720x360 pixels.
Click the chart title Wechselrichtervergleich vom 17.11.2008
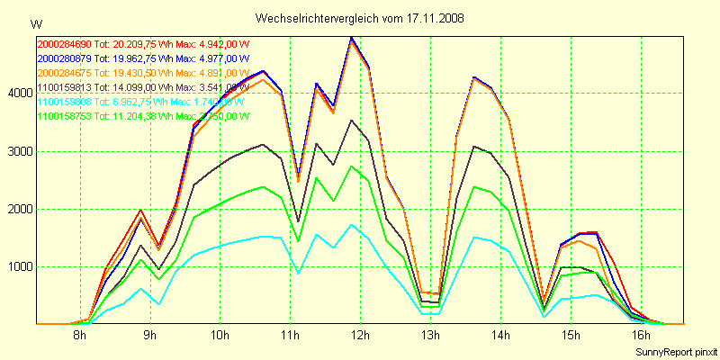point(359,18)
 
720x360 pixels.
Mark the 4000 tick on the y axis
point(20,93)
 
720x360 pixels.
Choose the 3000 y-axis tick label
point(20,151)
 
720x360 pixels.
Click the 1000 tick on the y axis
point(20,267)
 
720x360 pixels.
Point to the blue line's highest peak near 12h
point(351,37)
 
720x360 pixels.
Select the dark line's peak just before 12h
point(351,121)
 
